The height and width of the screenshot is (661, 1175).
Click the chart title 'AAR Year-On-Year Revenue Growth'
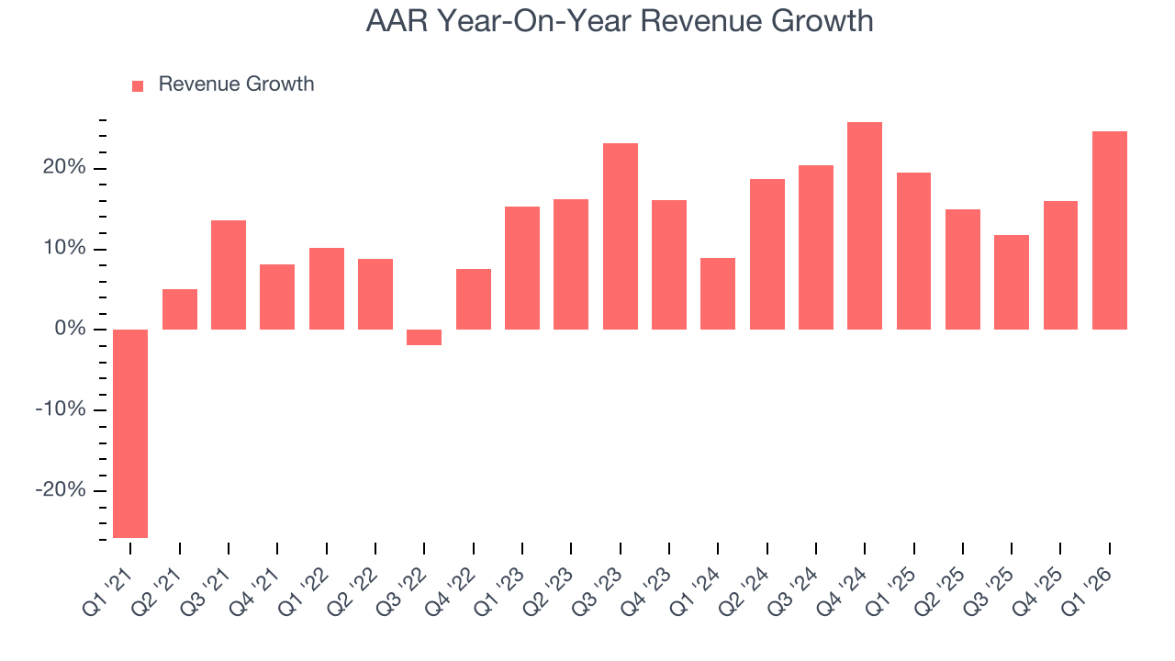[620, 21]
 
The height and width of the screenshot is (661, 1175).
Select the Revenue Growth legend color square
[138, 85]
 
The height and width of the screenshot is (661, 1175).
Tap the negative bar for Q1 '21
[130, 433]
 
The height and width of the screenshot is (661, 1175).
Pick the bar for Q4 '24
[865, 226]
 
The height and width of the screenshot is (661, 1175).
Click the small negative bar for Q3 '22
[424, 337]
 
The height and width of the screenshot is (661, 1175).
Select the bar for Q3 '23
[620, 236]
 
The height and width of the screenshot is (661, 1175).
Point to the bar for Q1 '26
[1109, 230]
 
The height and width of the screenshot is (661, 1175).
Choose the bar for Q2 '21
[180, 309]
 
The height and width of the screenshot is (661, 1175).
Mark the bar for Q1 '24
[718, 294]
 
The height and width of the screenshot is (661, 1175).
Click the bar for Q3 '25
[1012, 282]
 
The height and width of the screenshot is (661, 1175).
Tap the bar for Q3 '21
[229, 274]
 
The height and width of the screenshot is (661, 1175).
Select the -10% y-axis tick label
[60, 409]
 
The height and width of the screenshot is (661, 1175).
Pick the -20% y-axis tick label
[60, 490]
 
